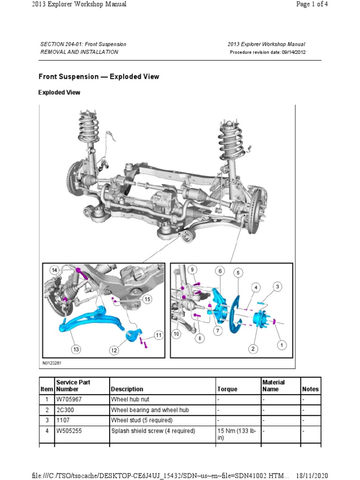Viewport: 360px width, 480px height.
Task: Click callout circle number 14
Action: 54,270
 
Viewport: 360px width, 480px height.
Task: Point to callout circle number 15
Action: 147,299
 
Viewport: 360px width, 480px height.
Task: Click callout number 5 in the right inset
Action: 238,272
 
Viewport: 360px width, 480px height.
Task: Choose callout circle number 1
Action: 282,345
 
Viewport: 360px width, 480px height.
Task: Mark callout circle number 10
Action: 176,334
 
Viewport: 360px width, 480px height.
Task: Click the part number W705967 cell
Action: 68,400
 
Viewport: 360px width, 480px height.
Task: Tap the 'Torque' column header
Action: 227,389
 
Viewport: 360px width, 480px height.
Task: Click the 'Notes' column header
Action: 310,389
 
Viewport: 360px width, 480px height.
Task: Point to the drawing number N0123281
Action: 52,363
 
